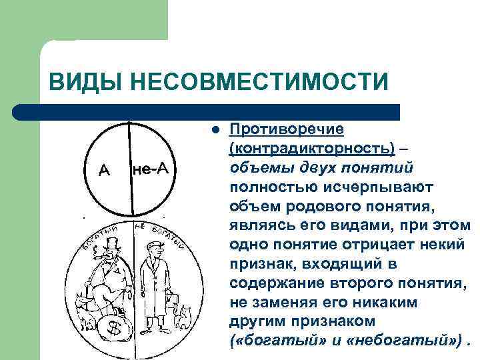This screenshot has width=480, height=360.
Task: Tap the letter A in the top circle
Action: pos(104,171)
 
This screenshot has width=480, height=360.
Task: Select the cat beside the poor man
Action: pos(183,314)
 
